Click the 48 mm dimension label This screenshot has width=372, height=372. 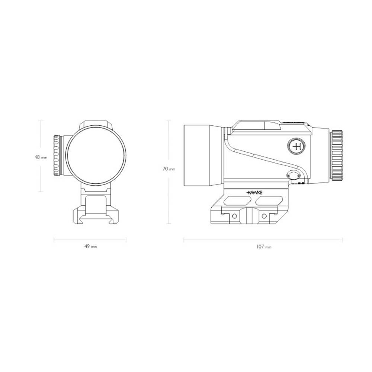pyautogui.click(x=41, y=157)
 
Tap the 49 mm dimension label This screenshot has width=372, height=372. pyautogui.click(x=91, y=247)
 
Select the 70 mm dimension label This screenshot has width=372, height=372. pyautogui.click(x=169, y=169)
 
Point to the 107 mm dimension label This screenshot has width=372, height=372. pyautogui.click(x=263, y=247)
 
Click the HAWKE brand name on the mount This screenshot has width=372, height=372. pyautogui.click(x=254, y=192)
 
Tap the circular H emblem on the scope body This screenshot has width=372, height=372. pyautogui.click(x=297, y=147)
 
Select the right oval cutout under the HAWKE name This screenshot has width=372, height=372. pyautogui.click(x=269, y=201)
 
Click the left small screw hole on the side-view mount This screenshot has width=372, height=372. pyautogui.click(x=234, y=216)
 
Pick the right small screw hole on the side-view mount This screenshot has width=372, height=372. pyautogui.click(x=264, y=216)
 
